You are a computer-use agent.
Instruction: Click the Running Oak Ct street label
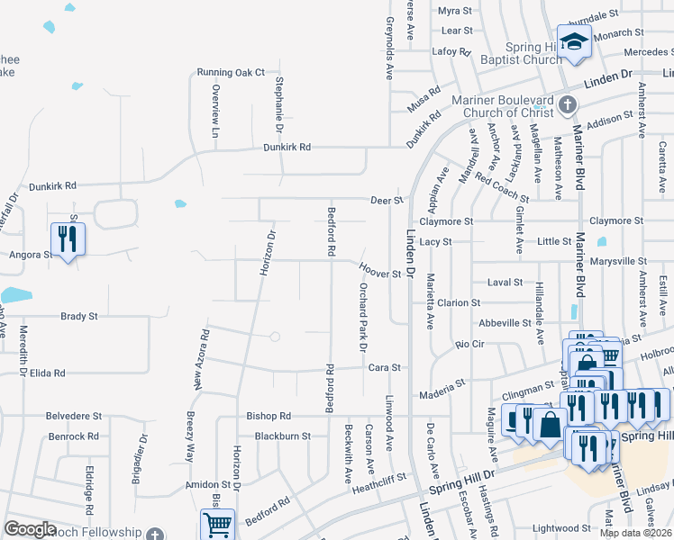pyautogui.click(x=232, y=72)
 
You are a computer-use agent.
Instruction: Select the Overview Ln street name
pyautogui.click(x=214, y=111)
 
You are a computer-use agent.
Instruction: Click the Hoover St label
pyautogui.click(x=379, y=270)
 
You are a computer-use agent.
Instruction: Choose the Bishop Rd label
pyautogui.click(x=269, y=417)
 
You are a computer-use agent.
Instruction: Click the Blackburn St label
pyautogui.click(x=282, y=436)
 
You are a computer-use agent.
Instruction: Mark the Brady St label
pyautogui.click(x=78, y=317)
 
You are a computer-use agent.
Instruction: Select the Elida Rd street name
pyautogui.click(x=48, y=373)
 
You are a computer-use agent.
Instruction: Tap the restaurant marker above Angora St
pyautogui.click(x=68, y=239)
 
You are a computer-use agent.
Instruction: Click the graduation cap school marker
pyautogui.click(x=573, y=41)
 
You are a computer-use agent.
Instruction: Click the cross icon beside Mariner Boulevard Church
pyautogui.click(x=567, y=105)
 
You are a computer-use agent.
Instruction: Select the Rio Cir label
pyautogui.click(x=470, y=344)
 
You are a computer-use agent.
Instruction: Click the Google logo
pyautogui.click(x=31, y=529)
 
